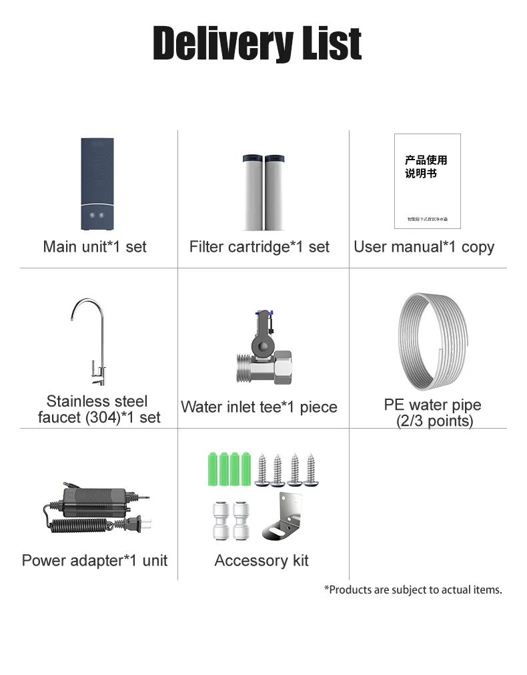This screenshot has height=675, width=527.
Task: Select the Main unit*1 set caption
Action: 95,246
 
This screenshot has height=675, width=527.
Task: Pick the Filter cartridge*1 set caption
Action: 259,246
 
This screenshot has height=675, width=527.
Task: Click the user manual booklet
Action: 427,181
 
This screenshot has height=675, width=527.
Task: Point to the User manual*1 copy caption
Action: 424,246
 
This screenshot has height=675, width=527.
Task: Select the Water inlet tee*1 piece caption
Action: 259,407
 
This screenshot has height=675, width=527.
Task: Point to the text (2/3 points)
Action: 434,421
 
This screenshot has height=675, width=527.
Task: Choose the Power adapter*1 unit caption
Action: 95,560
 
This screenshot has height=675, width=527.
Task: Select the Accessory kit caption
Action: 261,560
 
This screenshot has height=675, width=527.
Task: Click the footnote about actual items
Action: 413,590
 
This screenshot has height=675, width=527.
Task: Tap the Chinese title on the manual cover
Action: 426,166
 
